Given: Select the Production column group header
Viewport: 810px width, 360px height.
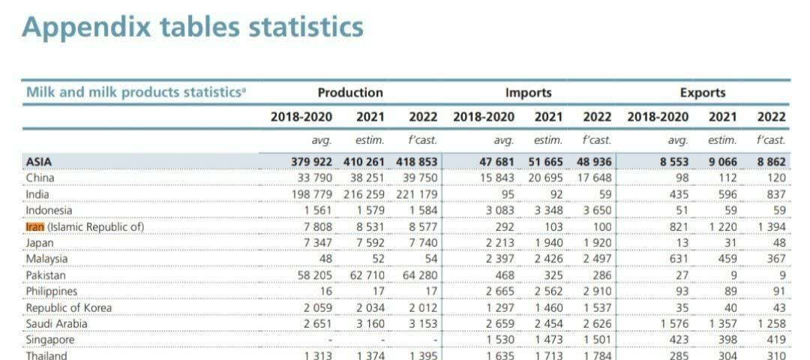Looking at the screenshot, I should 349,93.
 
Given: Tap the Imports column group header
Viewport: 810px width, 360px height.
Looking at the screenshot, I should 528,93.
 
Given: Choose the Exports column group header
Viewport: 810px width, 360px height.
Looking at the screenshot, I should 703,93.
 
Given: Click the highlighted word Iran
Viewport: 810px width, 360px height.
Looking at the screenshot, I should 34,226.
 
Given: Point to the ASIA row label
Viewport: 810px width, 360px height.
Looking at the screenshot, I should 39,161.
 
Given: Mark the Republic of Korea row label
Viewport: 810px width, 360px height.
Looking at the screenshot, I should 68,307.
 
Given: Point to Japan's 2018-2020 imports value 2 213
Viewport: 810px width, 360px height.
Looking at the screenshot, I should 499,243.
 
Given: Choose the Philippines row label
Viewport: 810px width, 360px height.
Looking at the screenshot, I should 51,291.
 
